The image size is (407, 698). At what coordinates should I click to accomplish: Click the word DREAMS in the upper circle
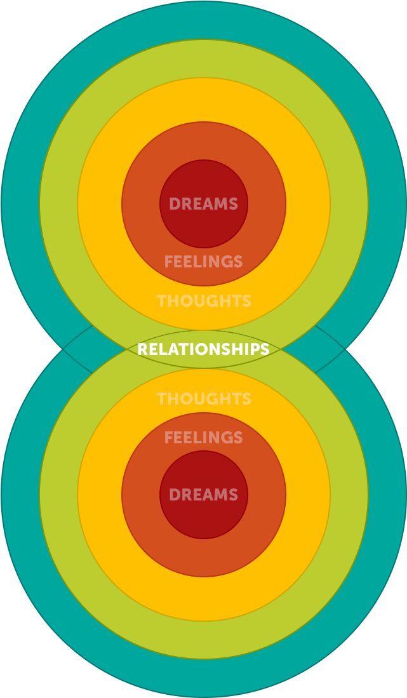click(x=203, y=205)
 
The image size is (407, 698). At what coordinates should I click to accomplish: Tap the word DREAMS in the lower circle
click(x=203, y=495)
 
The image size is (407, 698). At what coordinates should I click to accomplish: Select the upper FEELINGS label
click(x=203, y=262)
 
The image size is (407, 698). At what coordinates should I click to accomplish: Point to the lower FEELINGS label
click(x=203, y=438)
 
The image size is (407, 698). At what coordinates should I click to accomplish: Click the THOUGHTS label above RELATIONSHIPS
click(x=203, y=301)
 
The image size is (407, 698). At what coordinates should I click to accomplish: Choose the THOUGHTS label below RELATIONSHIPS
click(x=203, y=399)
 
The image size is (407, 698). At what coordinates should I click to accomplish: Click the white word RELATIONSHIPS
click(x=203, y=349)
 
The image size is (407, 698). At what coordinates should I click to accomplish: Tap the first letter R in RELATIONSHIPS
click(x=142, y=349)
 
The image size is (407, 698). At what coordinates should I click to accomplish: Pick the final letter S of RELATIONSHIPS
click(x=265, y=349)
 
